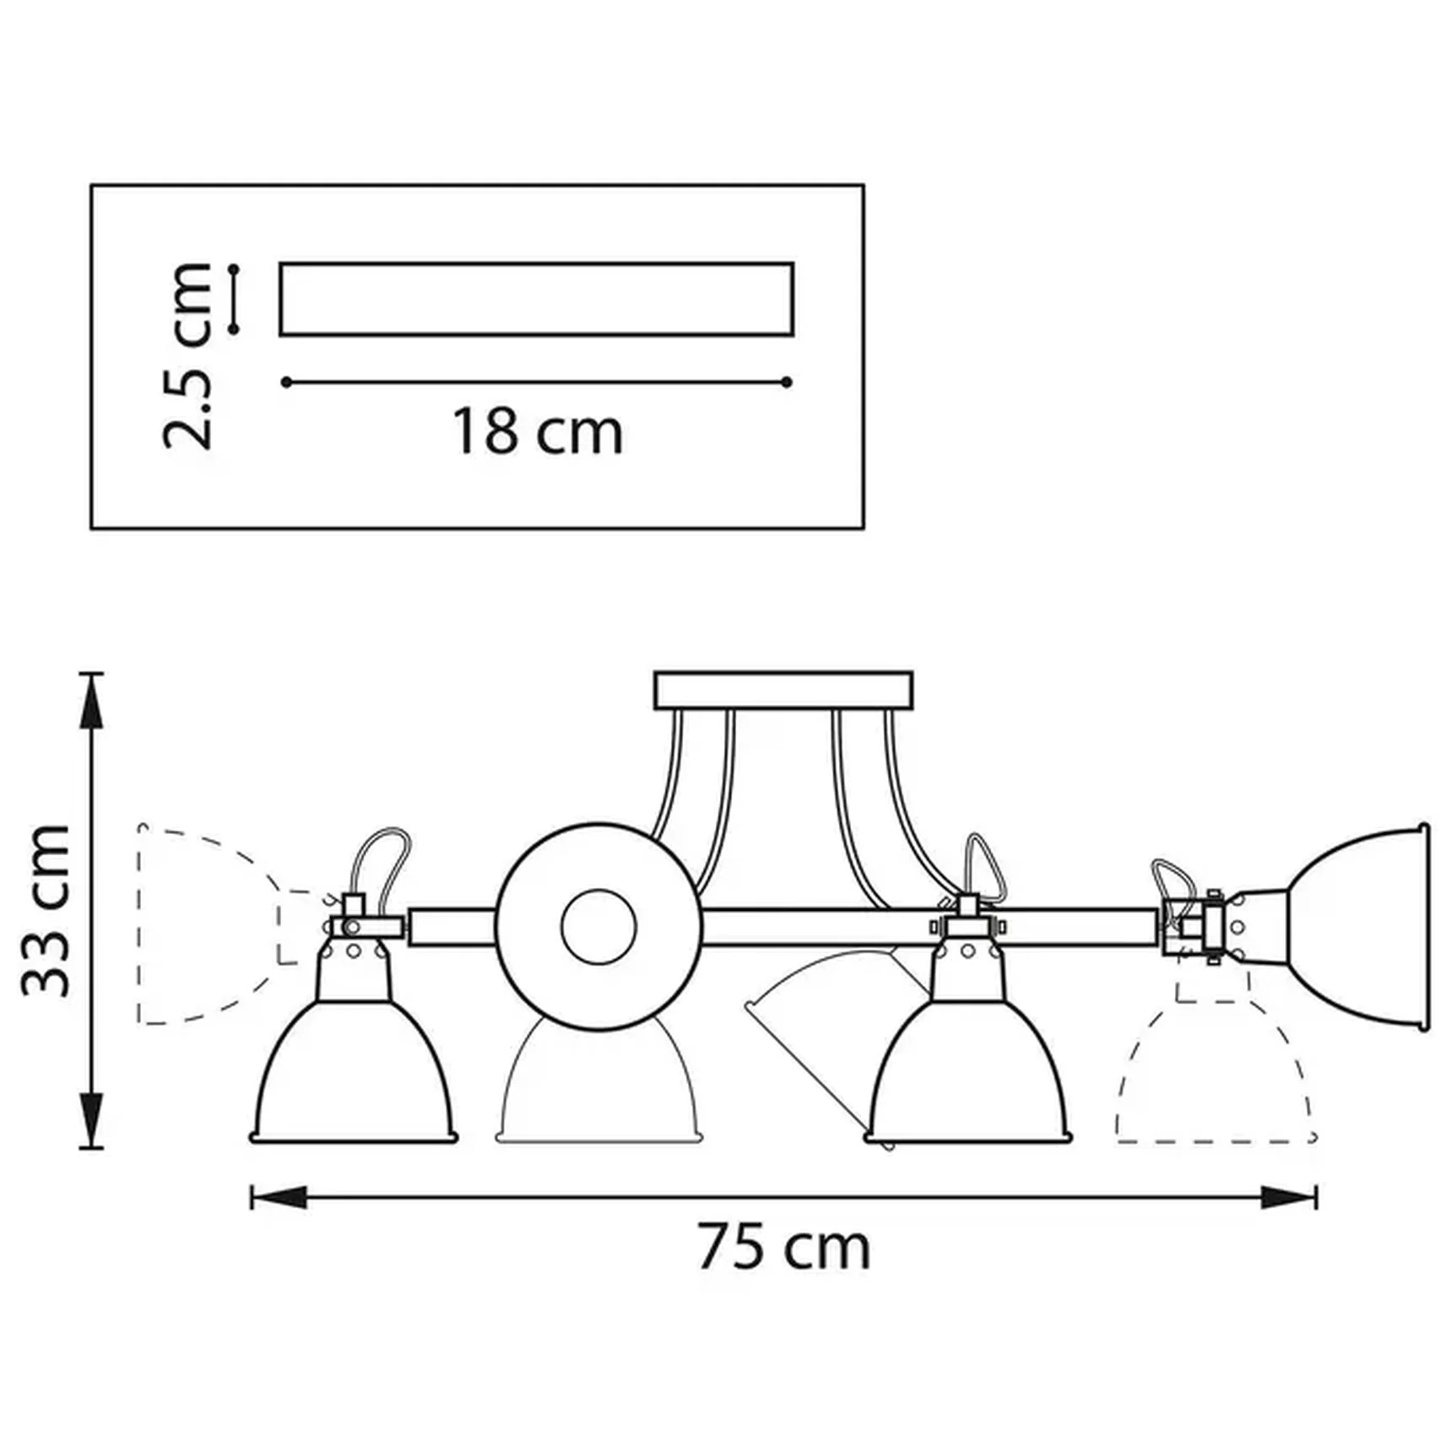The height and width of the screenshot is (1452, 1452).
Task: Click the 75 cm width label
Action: (x=783, y=1249)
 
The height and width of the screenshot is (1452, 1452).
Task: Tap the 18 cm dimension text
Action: (x=538, y=431)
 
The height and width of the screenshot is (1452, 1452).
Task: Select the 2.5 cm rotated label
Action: (x=187, y=355)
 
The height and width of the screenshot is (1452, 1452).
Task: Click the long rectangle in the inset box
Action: (x=536, y=300)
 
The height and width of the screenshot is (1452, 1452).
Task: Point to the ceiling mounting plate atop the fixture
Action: (x=783, y=690)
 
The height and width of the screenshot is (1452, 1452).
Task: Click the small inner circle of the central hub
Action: (x=598, y=926)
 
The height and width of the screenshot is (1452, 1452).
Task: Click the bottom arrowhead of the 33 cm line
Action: (x=91, y=1119)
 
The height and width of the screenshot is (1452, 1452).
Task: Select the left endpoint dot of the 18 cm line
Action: (x=287, y=382)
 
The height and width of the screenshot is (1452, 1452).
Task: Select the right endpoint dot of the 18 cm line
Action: (x=787, y=382)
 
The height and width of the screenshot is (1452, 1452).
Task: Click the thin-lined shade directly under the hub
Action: (x=598, y=1089)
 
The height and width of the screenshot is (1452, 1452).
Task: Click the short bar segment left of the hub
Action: (x=452, y=927)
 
